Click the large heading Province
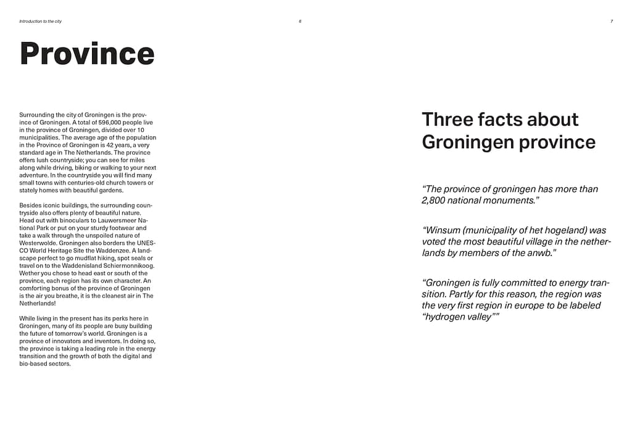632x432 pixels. tap(87, 54)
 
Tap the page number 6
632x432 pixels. tap(300, 22)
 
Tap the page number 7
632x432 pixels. tap(611, 22)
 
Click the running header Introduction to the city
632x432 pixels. tap(41, 22)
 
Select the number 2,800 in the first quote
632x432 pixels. tap(436, 201)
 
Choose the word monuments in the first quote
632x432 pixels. tap(505, 201)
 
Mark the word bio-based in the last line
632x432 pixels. tap(33, 363)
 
